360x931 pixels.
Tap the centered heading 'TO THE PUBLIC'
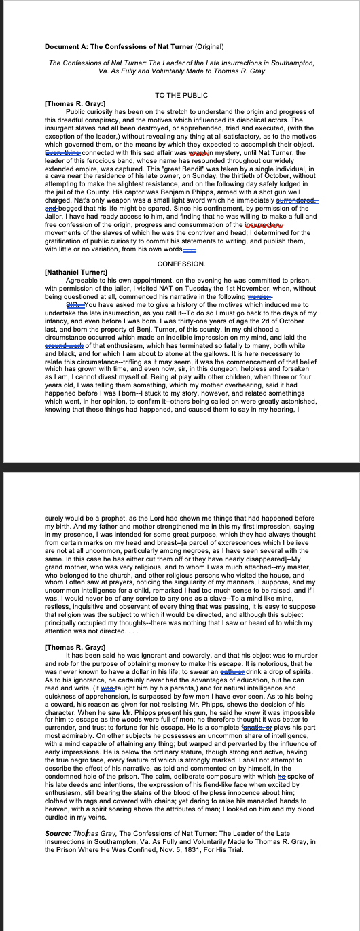181,96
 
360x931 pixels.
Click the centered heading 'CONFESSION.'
181,263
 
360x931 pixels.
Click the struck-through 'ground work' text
65,345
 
